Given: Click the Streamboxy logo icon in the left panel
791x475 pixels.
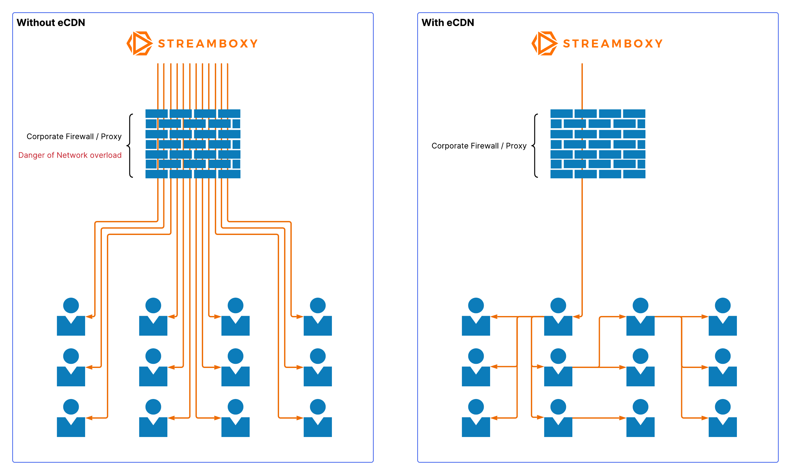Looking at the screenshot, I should pyautogui.click(x=140, y=43).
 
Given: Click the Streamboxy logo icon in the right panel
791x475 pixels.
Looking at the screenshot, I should pyautogui.click(x=545, y=43).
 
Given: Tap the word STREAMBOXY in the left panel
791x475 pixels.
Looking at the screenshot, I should pyautogui.click(x=208, y=43).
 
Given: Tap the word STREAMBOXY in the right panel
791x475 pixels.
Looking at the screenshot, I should pyautogui.click(x=613, y=43).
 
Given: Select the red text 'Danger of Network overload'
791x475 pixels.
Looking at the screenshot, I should pyautogui.click(x=70, y=155).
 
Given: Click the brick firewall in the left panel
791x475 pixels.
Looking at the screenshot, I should pyautogui.click(x=193, y=144).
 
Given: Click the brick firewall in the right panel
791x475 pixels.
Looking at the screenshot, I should pyautogui.click(x=598, y=144).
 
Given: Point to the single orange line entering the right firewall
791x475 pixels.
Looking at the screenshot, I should pyautogui.click(x=582, y=86).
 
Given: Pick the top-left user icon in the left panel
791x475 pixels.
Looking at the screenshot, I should pyautogui.click(x=71, y=317).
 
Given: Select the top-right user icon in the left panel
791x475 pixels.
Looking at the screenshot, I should pyautogui.click(x=317, y=317).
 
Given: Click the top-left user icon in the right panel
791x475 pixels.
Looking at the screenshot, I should pyautogui.click(x=476, y=317).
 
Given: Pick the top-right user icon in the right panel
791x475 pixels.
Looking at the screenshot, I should pyautogui.click(x=723, y=317).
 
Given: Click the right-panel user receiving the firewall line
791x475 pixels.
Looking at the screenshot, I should pyautogui.click(x=558, y=317).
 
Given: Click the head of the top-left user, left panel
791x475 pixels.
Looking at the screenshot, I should pyautogui.click(x=71, y=305).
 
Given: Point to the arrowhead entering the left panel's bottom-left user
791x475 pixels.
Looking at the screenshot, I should pyautogui.click(x=89, y=418).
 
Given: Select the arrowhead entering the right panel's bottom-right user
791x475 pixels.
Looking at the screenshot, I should pyautogui.click(x=705, y=418).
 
